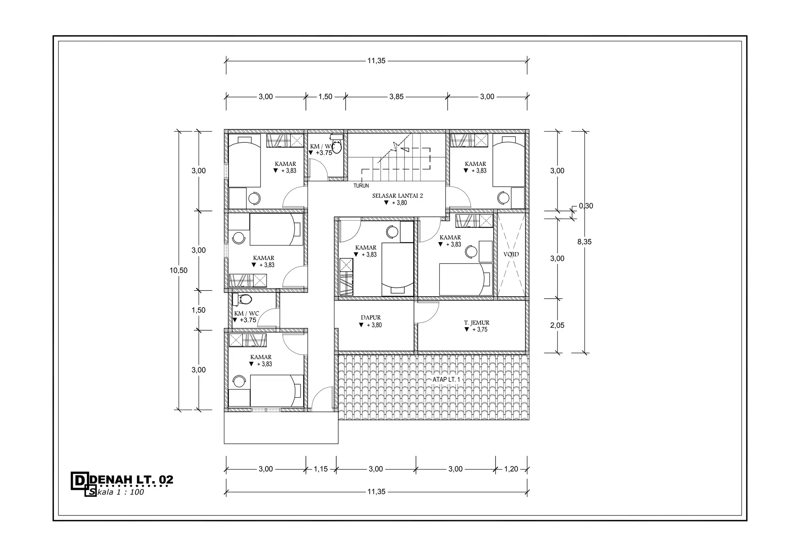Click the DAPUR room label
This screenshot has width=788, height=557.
point(371,318)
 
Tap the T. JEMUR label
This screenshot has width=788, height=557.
point(476,323)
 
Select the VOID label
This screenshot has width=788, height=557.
point(511,254)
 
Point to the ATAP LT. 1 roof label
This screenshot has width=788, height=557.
point(446,380)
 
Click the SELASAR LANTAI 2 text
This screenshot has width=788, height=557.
point(397,196)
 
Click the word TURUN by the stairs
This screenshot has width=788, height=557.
point(361,186)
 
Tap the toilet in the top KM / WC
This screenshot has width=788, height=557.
point(336,144)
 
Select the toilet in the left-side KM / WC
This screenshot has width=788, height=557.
point(242,299)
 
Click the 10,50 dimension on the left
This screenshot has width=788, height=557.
point(179,270)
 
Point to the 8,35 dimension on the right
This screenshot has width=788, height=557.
point(584,242)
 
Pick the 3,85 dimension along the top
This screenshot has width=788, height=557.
point(396,97)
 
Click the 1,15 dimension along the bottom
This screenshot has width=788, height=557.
point(321,469)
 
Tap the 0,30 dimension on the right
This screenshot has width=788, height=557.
point(586,206)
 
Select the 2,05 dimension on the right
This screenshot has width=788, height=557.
point(557,325)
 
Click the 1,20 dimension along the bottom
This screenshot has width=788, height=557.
point(511,469)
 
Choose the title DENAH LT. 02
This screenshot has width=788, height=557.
point(131,480)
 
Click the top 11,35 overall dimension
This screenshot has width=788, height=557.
point(376,61)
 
